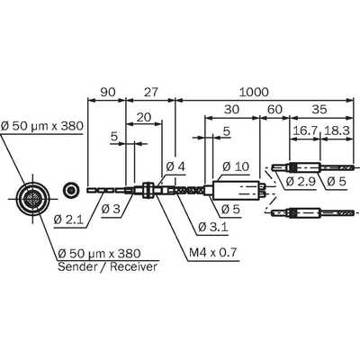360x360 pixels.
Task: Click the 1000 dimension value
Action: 254,92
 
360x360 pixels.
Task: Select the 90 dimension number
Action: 108,92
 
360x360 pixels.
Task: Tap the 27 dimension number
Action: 150,92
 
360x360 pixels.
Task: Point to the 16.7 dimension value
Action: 305,130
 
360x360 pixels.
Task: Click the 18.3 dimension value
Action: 337,130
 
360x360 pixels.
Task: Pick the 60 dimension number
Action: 274,110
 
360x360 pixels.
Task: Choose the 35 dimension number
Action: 319,110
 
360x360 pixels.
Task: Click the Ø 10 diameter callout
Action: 236,166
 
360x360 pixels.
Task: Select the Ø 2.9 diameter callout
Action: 301,182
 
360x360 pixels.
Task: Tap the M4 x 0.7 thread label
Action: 213,253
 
